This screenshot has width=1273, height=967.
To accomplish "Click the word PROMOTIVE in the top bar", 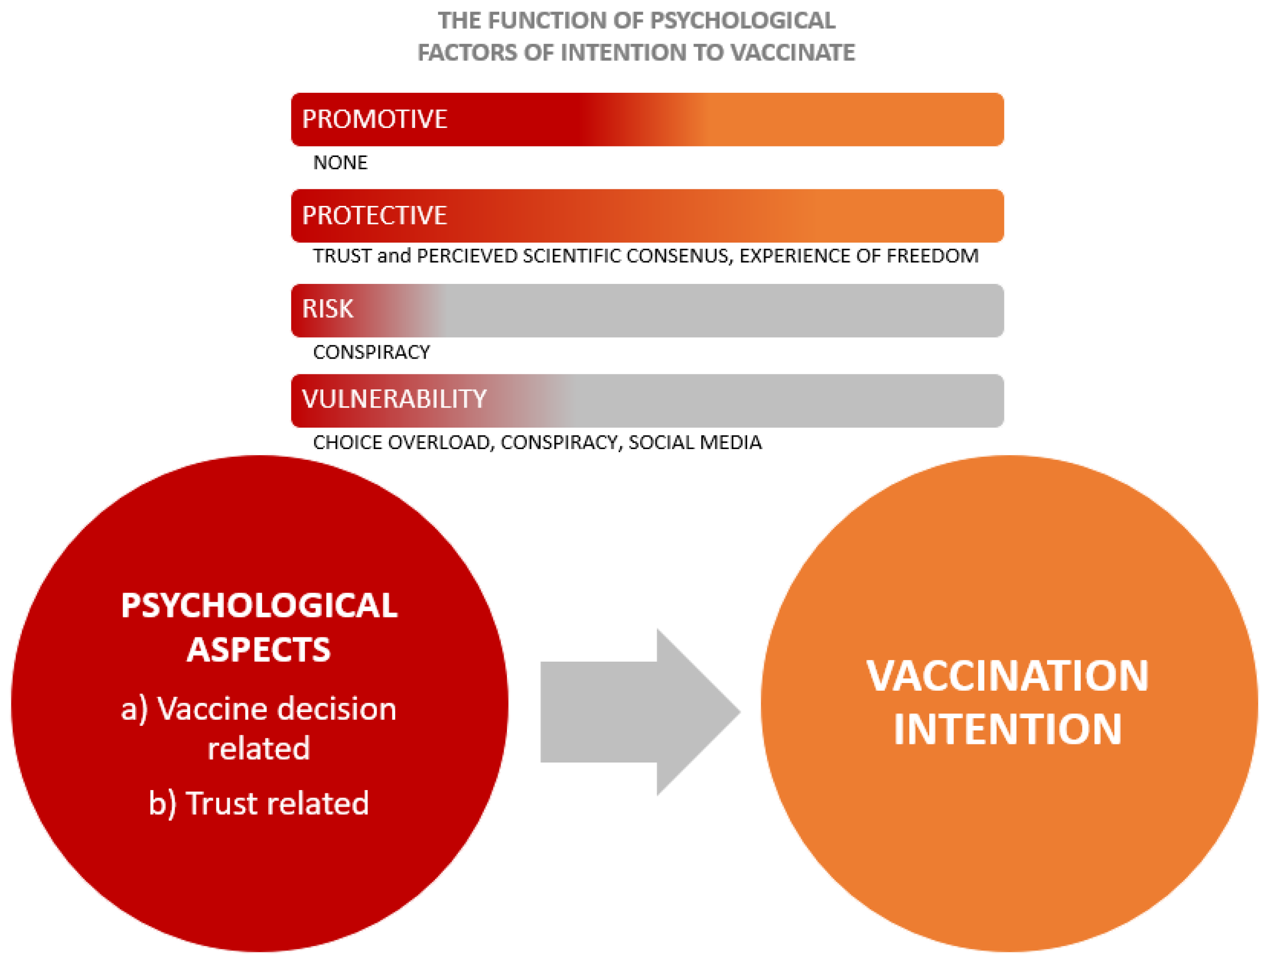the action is click(x=374, y=119).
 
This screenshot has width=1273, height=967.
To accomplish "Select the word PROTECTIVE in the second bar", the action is click(x=374, y=215).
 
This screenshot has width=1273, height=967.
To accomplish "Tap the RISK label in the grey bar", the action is click(x=328, y=309).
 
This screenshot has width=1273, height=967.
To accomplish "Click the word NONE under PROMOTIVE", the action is click(x=340, y=163).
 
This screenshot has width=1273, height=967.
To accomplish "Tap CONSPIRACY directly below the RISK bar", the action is click(x=371, y=352).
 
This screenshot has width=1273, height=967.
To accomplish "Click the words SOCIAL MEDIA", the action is click(x=695, y=443).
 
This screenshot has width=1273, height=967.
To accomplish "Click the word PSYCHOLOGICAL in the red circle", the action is click(x=259, y=606).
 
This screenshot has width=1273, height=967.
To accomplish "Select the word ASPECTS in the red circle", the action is click(x=259, y=650).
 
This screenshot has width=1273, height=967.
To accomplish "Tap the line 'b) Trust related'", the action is click(x=259, y=803).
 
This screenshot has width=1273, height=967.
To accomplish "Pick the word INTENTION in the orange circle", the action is click(x=1008, y=729).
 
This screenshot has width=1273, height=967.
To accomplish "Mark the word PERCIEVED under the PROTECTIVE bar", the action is click(x=466, y=256).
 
